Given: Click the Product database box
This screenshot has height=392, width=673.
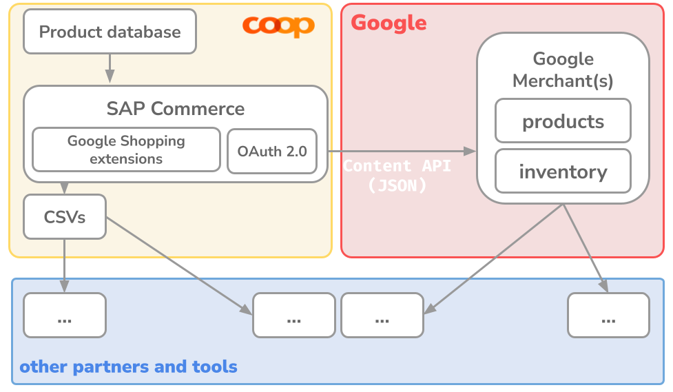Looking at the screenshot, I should (110, 32).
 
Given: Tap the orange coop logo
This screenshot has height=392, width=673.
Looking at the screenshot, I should (278, 26).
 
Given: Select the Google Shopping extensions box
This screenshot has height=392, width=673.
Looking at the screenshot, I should (126, 149).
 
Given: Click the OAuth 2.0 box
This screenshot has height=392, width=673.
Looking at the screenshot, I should (272, 151).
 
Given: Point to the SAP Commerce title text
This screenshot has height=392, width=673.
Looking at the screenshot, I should (175, 108).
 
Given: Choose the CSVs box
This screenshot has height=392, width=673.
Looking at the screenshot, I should (65, 217).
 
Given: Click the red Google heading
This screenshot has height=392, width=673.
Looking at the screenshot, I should (389, 23).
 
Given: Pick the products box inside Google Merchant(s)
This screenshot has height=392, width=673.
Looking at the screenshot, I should (563, 121).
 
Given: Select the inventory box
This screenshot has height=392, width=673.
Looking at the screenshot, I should (563, 171).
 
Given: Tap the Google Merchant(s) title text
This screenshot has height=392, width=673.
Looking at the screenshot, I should (563, 70).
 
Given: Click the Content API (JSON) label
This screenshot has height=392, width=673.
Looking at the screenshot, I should (397, 175).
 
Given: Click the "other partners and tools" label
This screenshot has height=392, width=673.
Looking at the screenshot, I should (128, 367).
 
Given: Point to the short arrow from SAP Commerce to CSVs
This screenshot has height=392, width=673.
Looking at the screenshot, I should (65, 187).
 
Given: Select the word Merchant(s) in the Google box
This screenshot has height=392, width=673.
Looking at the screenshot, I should (563, 81).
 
